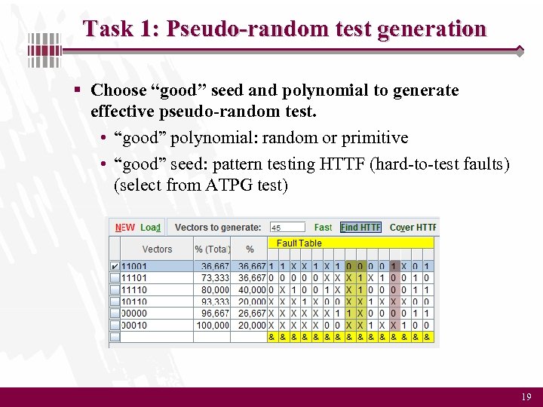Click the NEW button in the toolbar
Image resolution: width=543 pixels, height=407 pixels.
coord(125,227)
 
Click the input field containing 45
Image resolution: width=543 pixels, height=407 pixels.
coord(287,227)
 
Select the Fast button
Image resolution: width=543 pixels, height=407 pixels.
coord(323,227)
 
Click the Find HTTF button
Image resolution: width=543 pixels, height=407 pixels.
coord(360,227)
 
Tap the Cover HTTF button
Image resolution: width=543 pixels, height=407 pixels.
coord(413,227)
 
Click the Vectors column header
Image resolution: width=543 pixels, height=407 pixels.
coord(157,249)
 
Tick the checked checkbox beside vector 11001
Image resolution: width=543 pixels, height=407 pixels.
coord(115,266)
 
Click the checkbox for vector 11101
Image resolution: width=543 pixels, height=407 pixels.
coord(115,277)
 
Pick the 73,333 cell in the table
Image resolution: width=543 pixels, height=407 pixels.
coord(215,277)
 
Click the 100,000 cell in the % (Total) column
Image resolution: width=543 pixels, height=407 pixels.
coord(213,325)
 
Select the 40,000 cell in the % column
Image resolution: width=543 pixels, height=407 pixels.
coord(251,289)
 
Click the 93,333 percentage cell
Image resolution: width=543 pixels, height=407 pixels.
coord(215,301)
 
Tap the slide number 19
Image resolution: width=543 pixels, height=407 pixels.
coord(526,396)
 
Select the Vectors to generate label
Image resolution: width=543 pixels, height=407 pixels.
coord(218,227)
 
